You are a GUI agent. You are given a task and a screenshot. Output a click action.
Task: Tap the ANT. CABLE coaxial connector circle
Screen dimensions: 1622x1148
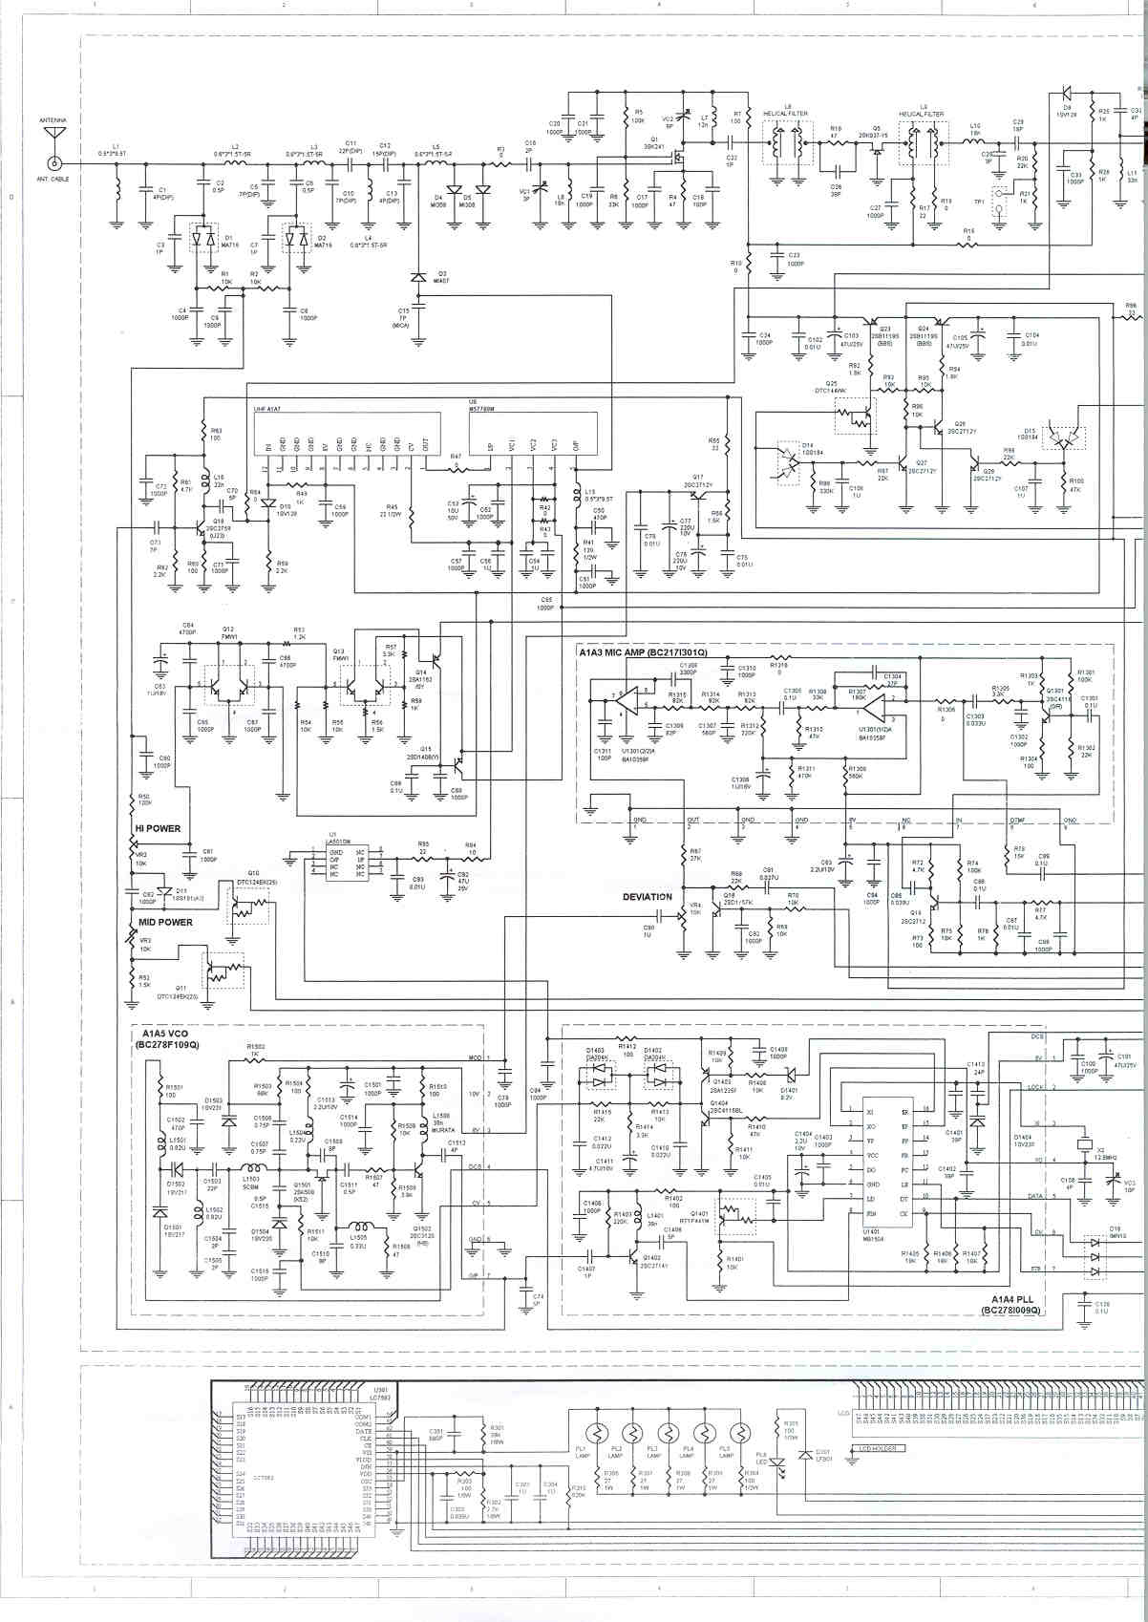point(53,163)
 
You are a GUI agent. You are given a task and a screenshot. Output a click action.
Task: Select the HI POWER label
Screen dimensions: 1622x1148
point(157,828)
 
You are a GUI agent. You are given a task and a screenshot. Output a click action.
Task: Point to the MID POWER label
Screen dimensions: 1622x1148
point(163,922)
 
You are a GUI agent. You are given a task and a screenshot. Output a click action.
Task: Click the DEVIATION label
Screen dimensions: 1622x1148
point(647,897)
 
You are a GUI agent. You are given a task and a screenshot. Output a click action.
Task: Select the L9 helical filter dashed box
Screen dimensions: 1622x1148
point(921,146)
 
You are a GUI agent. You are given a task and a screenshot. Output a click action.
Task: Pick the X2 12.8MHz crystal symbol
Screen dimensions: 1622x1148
point(1084,1143)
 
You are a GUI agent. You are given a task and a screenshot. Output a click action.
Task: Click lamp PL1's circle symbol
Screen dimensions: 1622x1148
point(598,1434)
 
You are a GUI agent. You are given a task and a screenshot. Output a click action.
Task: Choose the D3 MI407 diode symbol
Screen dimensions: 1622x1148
point(416,277)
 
